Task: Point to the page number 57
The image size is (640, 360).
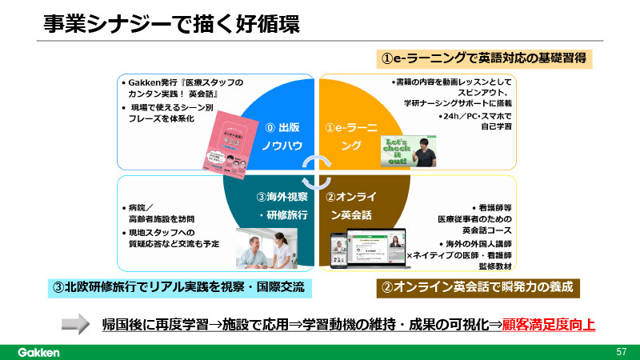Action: click(x=621, y=351)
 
